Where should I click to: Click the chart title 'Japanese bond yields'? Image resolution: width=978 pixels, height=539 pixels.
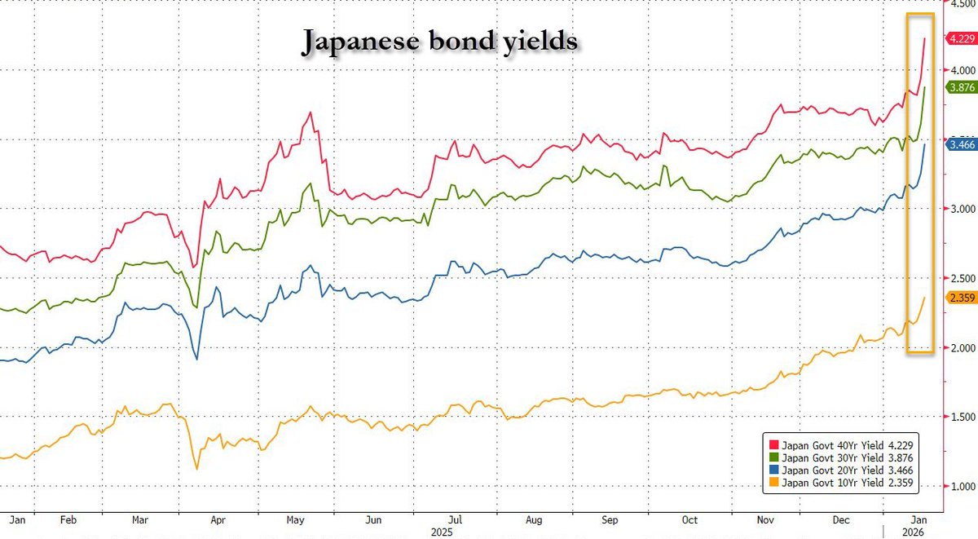pyautogui.click(x=440, y=42)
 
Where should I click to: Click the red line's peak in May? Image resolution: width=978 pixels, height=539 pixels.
pyautogui.click(x=311, y=113)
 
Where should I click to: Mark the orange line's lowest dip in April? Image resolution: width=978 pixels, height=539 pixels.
pyautogui.click(x=196, y=469)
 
